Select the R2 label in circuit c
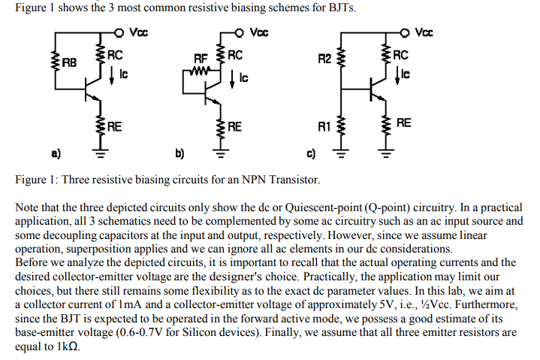click(324, 57)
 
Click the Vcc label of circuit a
click(139, 33)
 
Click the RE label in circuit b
click(234, 126)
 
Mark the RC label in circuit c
click(401, 55)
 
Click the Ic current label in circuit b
click(244, 78)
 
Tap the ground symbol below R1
click(342, 156)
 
